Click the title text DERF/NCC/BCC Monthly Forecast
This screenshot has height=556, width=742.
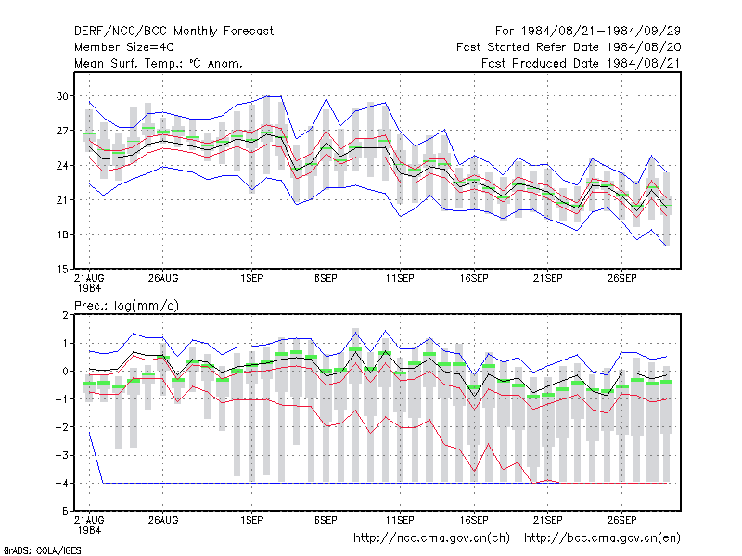pyautogui.click(x=173, y=32)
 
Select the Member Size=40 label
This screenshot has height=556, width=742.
pyautogui.click(x=124, y=47)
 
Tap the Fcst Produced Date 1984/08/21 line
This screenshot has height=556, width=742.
pyautogui.click(x=581, y=63)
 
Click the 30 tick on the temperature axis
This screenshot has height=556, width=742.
pyautogui.click(x=62, y=96)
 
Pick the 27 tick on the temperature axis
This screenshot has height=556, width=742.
pyautogui.click(x=62, y=131)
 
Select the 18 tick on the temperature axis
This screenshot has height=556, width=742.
pyautogui.click(x=62, y=235)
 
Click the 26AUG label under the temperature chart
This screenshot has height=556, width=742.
pyautogui.click(x=163, y=278)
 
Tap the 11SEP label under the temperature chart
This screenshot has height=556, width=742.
pyautogui.click(x=400, y=278)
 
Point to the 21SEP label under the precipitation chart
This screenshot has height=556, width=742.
pyautogui.click(x=547, y=520)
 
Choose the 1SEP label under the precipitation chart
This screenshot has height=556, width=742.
pyautogui.click(x=251, y=520)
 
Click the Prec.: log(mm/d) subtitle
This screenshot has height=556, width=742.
pyautogui.click(x=126, y=306)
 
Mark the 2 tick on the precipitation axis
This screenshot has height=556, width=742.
pyautogui.click(x=65, y=315)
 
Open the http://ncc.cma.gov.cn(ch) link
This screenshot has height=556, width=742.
pyautogui.click(x=431, y=538)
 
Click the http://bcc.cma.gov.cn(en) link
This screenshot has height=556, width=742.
pyautogui.click(x=602, y=538)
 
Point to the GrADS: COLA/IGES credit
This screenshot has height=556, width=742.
pyautogui.click(x=43, y=550)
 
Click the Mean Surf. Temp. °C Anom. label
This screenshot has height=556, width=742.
pyautogui.click(x=159, y=63)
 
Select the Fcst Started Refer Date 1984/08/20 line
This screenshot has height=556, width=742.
pyautogui.click(x=569, y=47)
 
